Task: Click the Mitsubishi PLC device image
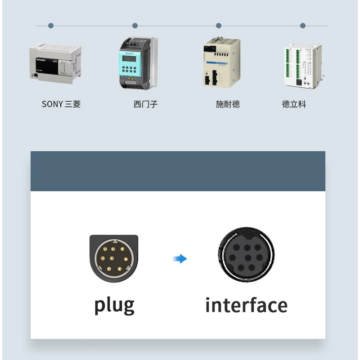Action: point(55,63)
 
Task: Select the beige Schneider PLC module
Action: point(221,62)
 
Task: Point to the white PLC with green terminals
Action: point(303,66)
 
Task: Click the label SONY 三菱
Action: point(61,104)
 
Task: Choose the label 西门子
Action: point(145,104)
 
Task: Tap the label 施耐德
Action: point(228,104)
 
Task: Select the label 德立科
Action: point(294,104)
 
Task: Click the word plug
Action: point(114,306)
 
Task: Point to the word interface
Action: point(246,305)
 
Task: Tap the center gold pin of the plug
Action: point(112,258)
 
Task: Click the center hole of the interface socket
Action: point(248,257)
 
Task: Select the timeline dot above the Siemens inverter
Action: point(135,26)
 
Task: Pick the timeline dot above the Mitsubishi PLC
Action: point(51,26)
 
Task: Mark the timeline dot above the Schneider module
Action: point(219,26)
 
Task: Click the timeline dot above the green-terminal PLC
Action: point(303,26)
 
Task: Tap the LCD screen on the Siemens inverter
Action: point(129,59)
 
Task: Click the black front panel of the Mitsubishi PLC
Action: point(47,66)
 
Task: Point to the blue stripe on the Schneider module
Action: point(217,63)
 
